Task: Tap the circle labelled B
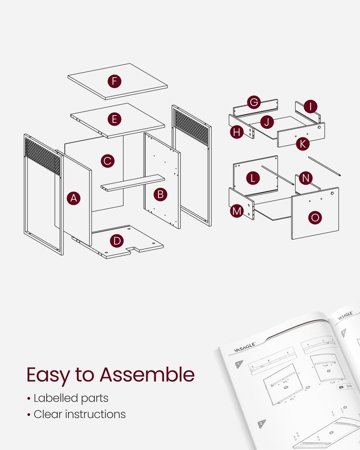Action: click(160, 194)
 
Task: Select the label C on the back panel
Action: click(107, 161)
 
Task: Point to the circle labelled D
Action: click(117, 241)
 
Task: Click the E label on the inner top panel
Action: click(115, 119)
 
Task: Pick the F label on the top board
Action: click(115, 81)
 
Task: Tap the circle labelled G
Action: click(254, 102)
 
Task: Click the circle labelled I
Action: click(310, 107)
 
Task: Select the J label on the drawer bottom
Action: click(267, 121)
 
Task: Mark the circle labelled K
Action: click(303, 144)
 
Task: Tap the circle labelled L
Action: click(253, 178)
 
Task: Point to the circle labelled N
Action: click(306, 178)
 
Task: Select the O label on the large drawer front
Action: click(315, 218)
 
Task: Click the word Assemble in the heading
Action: click(147, 374)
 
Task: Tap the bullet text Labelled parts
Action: click(71, 398)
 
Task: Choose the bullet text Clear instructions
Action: click(79, 414)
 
